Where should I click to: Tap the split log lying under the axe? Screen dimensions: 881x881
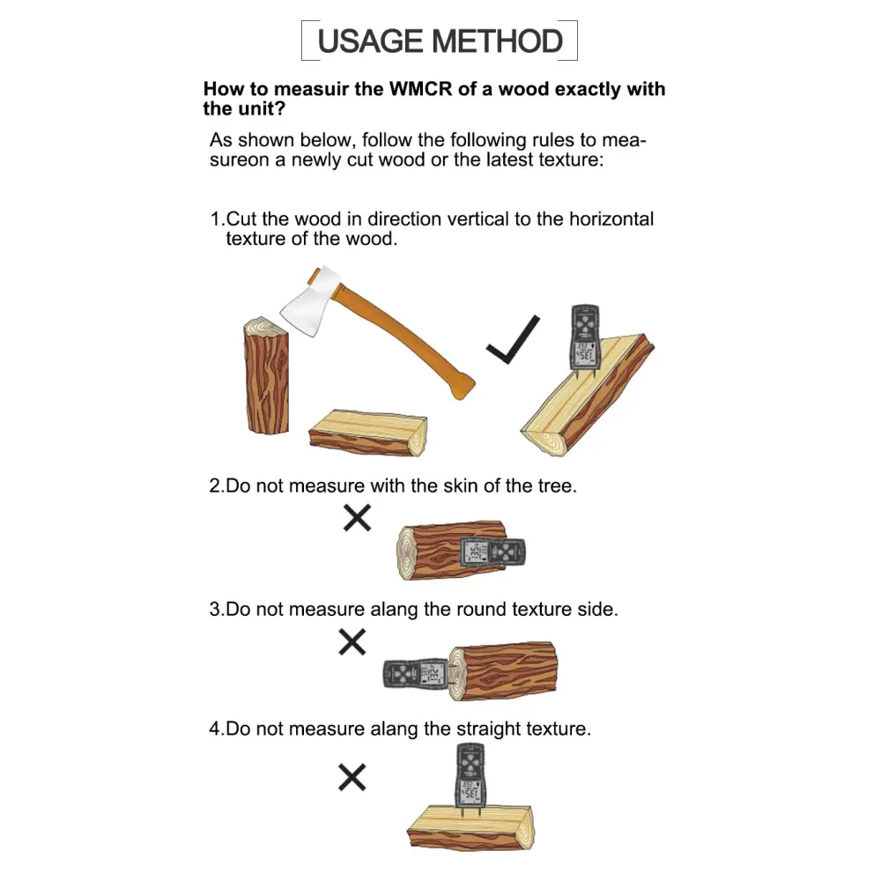[368, 432]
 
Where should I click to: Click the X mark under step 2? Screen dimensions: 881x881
[357, 518]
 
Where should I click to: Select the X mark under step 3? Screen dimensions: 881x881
[352, 642]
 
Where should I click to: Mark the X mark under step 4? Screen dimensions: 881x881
[352, 777]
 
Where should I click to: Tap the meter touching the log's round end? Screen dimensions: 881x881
[417, 674]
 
